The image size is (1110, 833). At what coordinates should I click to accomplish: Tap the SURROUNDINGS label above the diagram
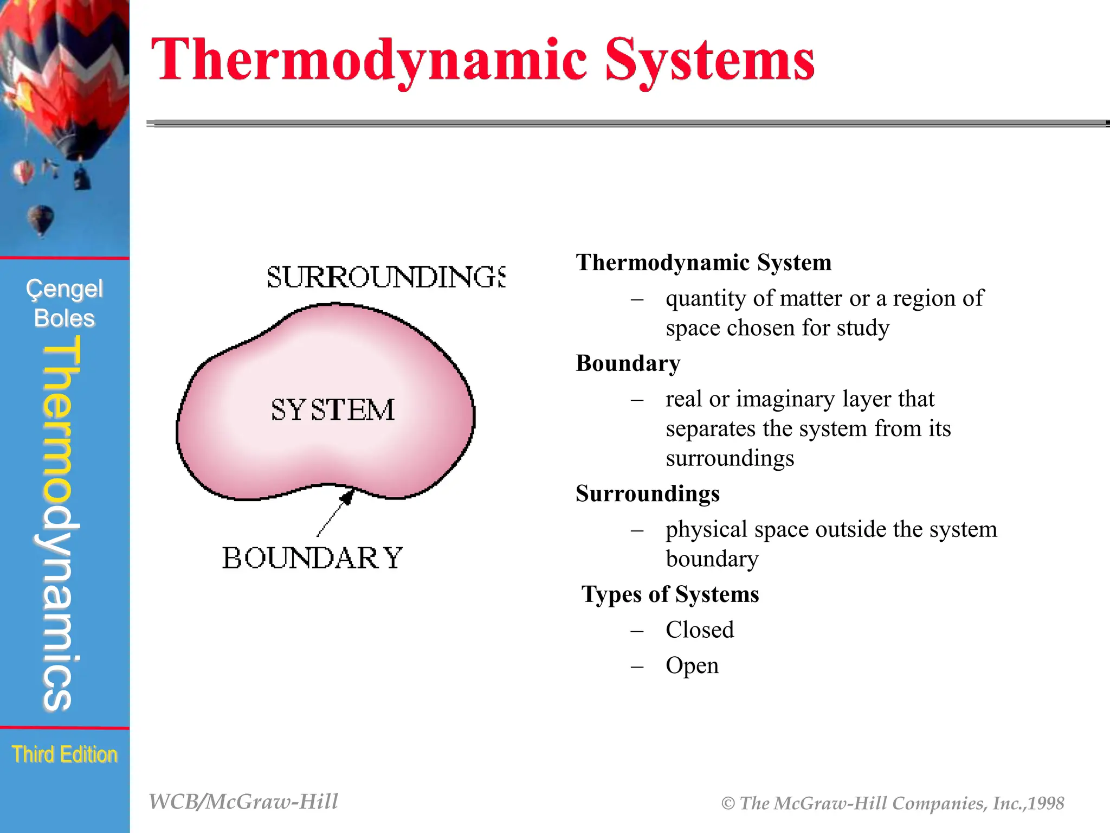click(x=386, y=277)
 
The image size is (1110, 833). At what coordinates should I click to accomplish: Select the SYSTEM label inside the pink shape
click(x=333, y=410)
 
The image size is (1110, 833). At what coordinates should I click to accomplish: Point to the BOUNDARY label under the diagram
click(x=312, y=558)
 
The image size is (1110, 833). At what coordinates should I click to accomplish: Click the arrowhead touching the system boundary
click(x=347, y=496)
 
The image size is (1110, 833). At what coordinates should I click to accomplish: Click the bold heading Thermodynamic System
click(x=703, y=262)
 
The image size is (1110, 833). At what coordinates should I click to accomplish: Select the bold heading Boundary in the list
click(x=628, y=363)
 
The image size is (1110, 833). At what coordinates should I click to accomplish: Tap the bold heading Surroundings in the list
click(x=647, y=494)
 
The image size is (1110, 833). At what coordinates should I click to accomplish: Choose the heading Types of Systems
click(x=670, y=594)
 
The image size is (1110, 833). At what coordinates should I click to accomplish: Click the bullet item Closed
click(x=699, y=630)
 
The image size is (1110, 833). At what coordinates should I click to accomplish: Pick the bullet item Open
click(x=692, y=666)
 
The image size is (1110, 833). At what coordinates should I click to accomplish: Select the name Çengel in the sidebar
click(x=64, y=289)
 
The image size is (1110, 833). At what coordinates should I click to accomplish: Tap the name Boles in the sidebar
click(x=64, y=318)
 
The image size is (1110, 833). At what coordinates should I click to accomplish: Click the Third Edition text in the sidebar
click(x=64, y=754)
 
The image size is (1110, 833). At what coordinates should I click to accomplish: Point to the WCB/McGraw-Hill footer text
click(x=243, y=802)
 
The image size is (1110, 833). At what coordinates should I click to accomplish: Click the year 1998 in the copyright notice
click(x=1046, y=803)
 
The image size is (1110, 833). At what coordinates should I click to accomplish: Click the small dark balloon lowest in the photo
click(x=41, y=220)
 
